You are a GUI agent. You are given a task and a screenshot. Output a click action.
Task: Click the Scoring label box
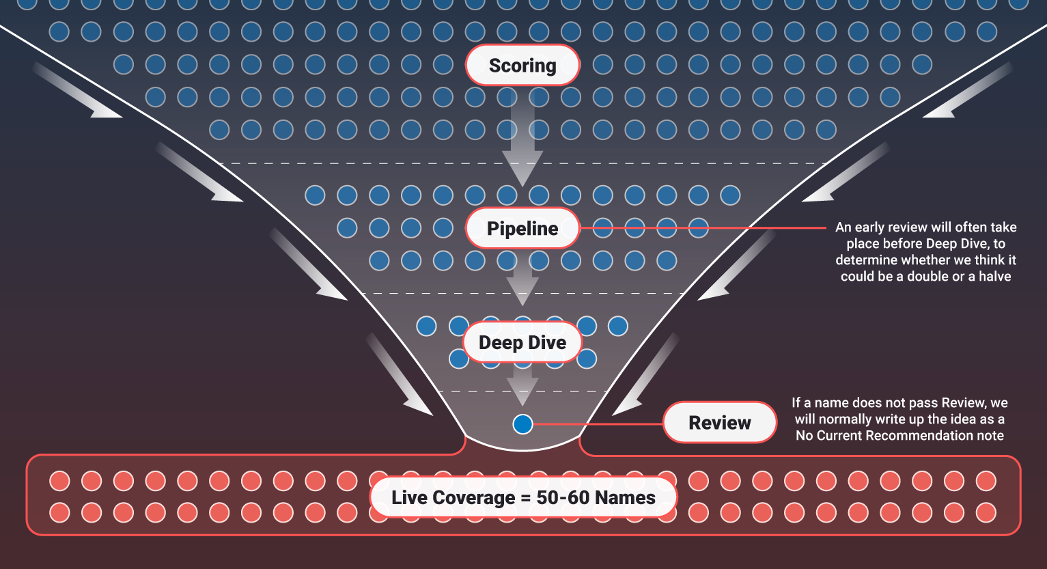(522, 66)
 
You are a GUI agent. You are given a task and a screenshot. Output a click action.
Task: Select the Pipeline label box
(522, 228)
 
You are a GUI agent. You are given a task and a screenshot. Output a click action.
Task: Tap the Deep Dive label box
(522, 342)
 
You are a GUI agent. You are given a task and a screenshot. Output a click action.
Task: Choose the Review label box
(720, 423)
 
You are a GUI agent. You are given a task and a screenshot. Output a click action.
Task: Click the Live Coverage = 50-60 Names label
(523, 497)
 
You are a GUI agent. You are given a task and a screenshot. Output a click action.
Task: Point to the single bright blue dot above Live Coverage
(522, 424)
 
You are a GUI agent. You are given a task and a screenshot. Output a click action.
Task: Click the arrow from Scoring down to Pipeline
(522, 140)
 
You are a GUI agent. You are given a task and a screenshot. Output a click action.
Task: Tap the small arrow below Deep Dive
(522, 386)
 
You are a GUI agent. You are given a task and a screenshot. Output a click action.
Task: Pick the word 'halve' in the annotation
(992, 277)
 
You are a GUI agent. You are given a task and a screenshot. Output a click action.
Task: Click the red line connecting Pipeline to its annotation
(703, 228)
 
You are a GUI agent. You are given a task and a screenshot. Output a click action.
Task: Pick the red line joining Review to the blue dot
(598, 424)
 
